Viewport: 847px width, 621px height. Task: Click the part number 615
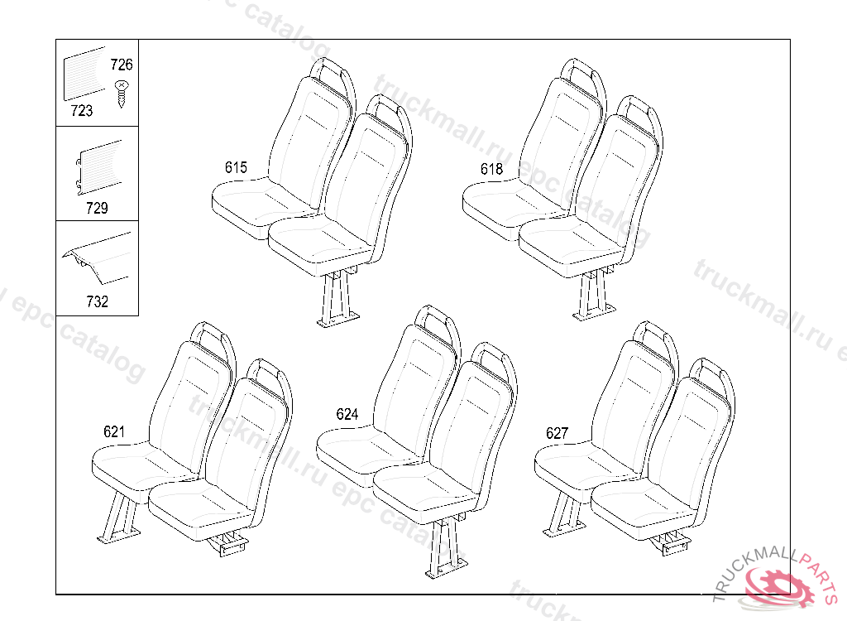236,168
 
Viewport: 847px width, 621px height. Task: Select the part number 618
491,169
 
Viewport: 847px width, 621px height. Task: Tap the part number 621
114,431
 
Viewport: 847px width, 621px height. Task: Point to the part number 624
347,414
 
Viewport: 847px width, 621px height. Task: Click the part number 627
557,433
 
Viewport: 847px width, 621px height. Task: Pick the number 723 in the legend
82,111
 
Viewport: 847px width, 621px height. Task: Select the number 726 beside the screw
122,65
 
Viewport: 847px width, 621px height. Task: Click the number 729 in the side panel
97,208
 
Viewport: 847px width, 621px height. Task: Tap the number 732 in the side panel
97,301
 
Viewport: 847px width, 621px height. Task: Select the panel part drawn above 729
98,171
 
